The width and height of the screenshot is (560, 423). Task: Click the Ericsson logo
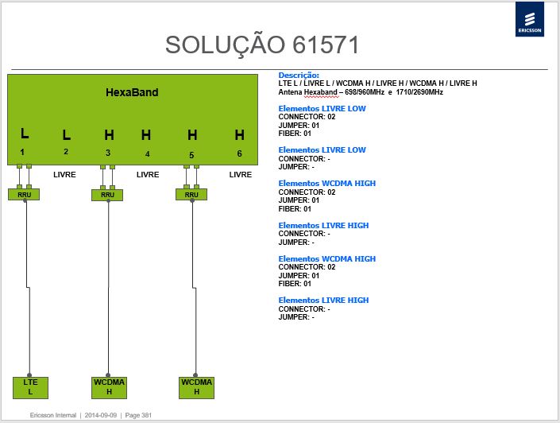530,19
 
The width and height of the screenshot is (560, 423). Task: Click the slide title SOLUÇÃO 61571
262,45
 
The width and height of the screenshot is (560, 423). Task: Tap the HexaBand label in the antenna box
132,92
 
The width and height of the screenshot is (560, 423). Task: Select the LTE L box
30,387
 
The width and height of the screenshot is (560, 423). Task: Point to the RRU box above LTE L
24,195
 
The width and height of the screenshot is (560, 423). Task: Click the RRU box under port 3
107,195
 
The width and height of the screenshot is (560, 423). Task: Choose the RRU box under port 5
191,195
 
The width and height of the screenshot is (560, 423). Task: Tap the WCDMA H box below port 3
109,387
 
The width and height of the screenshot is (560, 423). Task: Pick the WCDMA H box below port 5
196,387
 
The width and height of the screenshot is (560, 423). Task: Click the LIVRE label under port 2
64,175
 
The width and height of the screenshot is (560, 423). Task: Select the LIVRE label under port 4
148,175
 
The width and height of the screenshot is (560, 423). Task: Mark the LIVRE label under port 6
241,175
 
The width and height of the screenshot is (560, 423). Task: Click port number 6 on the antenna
239,153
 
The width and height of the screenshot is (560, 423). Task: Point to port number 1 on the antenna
22,153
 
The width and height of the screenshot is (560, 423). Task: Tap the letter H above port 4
145,135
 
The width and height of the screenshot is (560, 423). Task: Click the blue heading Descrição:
299,76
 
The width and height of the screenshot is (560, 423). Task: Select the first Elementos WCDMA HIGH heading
327,184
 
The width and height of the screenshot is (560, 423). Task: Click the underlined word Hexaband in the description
321,92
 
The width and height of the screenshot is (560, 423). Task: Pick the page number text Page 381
138,415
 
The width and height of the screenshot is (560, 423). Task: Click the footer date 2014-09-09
101,415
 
